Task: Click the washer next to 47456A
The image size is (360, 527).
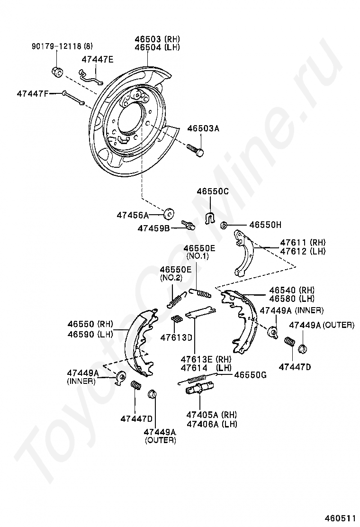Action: click(x=168, y=214)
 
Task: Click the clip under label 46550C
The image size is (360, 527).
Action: click(x=210, y=217)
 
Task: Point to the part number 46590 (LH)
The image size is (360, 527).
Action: click(x=90, y=334)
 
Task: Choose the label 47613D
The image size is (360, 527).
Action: click(x=176, y=337)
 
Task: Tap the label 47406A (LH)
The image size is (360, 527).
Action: click(x=212, y=424)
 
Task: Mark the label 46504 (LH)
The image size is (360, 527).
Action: click(x=157, y=47)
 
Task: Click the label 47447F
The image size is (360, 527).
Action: click(x=32, y=93)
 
